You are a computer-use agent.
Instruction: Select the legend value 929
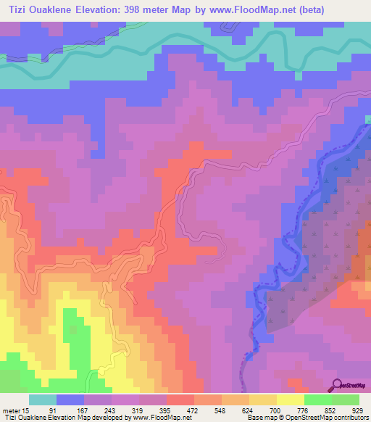[x=354, y=410]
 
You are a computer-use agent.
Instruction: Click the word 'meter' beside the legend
[x=12, y=410]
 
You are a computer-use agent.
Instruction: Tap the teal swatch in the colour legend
[x=43, y=400]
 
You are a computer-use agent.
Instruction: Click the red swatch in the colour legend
[x=180, y=400]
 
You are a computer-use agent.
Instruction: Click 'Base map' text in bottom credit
[x=257, y=418]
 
